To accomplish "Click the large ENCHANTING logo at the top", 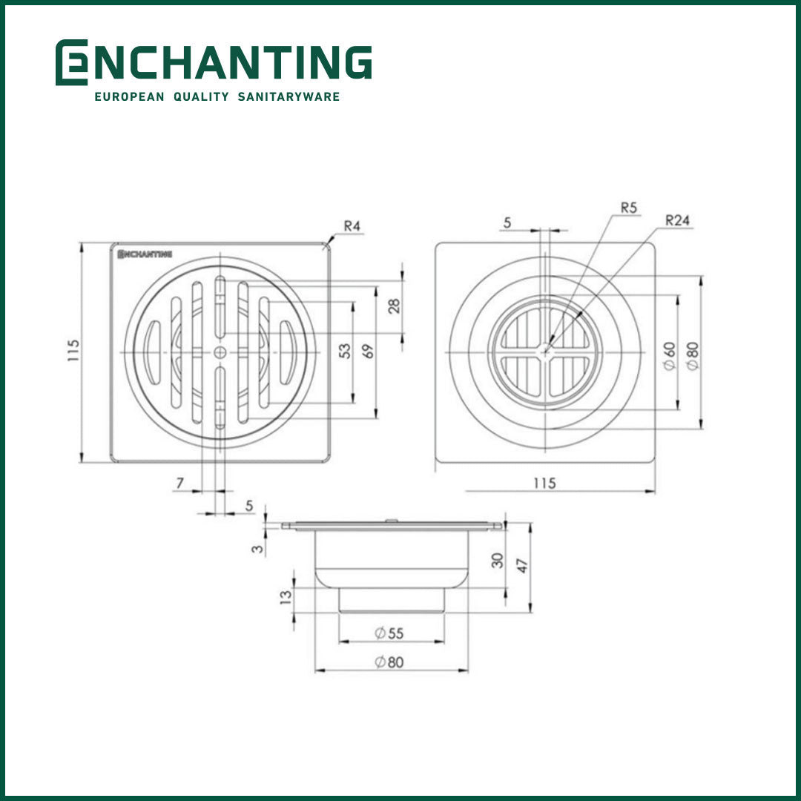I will (x=214, y=62).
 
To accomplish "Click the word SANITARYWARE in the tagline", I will (x=289, y=96).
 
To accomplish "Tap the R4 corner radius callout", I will (x=353, y=226).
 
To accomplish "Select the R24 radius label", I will (x=677, y=220).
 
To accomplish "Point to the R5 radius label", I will (x=629, y=208).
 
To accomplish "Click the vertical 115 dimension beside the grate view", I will (x=72, y=351).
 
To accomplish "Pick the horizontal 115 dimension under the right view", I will (x=544, y=483).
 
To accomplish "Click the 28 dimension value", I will (x=394, y=306).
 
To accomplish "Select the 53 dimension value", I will (x=344, y=351).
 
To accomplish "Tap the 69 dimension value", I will (x=369, y=351).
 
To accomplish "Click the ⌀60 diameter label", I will (x=669, y=357).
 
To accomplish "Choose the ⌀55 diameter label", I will (x=389, y=633).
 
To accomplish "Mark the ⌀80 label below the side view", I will (x=389, y=662).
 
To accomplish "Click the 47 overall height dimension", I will (x=522, y=567).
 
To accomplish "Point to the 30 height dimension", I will (x=498, y=560).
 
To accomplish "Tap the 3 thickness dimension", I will (x=257, y=550).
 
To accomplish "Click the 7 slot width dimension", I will (x=179, y=483).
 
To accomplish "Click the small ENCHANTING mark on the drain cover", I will (x=145, y=254).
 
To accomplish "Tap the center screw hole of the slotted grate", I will (x=220, y=352).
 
